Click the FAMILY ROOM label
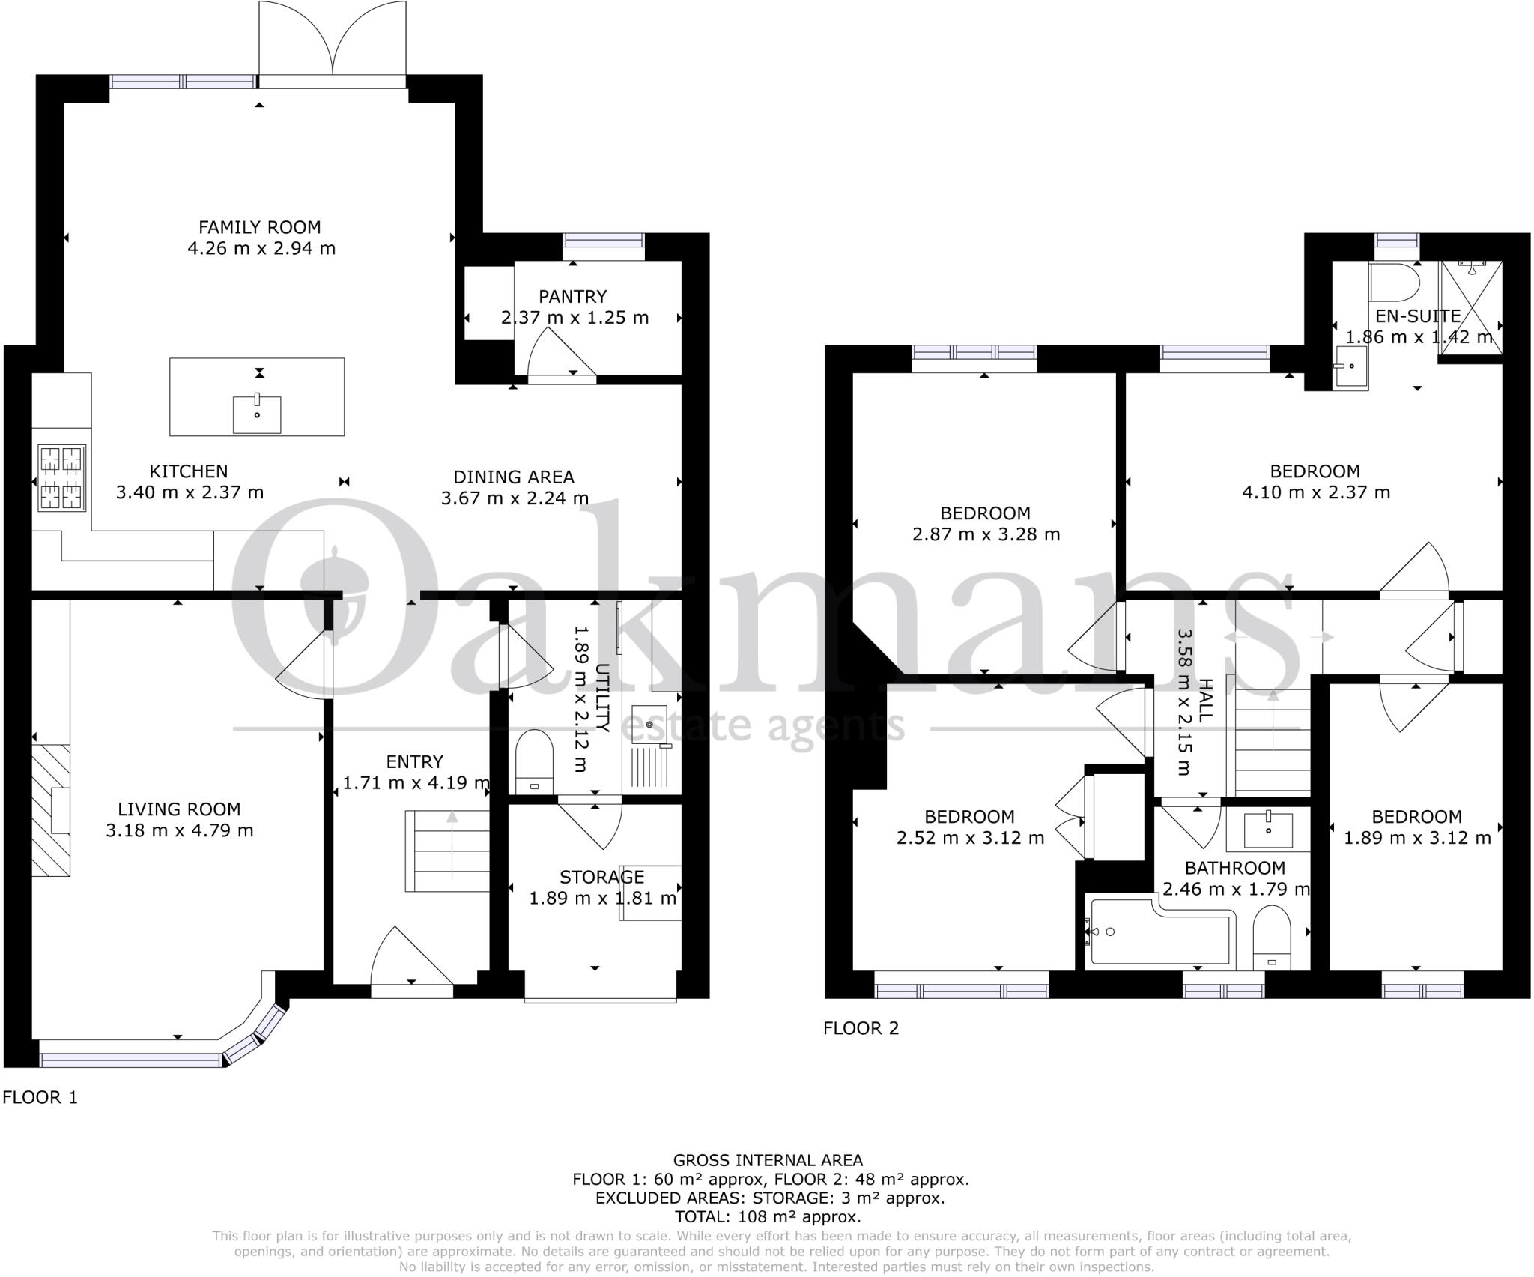pos(259,227)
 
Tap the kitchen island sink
pos(257,414)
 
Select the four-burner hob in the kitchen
pos(61,477)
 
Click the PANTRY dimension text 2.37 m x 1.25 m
pos(575,318)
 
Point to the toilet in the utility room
pos(534,761)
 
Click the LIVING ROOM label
pos(179,809)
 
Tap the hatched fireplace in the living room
pos(51,810)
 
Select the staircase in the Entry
pos(447,851)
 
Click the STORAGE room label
pos(601,877)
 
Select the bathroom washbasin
pos(1268,829)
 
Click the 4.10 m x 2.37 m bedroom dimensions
pos(1315,492)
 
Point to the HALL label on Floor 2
pos(1204,700)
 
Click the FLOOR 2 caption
pos(861,1028)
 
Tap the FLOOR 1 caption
pos(40,1097)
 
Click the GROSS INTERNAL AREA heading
pos(768,1161)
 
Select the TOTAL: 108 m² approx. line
pos(768,1217)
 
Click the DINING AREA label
pos(514,477)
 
